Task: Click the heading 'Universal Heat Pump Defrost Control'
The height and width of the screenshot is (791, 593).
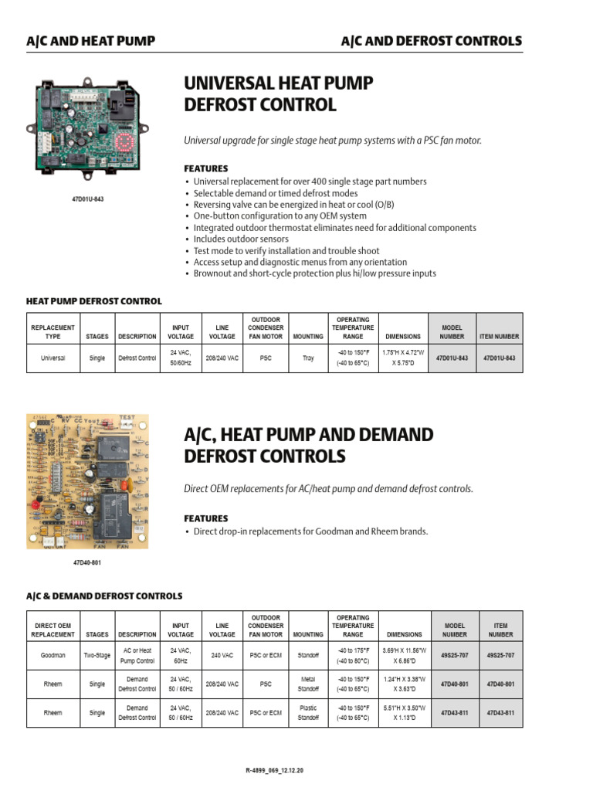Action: point(279,93)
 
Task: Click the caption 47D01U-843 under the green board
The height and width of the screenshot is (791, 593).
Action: point(87,199)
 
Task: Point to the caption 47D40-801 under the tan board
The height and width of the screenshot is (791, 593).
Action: point(86,563)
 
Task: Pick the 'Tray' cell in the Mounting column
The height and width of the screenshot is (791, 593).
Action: point(308,358)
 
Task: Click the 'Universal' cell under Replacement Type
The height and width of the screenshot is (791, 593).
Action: point(53,358)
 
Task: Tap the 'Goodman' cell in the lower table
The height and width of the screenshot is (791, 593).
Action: point(53,655)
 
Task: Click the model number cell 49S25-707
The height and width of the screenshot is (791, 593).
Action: point(454,655)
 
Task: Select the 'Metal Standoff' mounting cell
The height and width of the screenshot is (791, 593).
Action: point(308,684)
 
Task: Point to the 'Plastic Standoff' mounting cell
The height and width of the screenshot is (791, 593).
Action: point(308,712)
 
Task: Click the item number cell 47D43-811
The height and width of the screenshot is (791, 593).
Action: point(500,712)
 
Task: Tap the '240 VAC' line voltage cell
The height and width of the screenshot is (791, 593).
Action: point(222,655)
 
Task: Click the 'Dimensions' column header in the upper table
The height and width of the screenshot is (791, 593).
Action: point(404,337)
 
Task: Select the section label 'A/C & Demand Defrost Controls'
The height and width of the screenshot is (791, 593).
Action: point(104,596)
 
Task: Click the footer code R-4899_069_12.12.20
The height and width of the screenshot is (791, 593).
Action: point(296,772)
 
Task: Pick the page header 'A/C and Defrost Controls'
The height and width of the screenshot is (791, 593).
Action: point(431,41)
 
